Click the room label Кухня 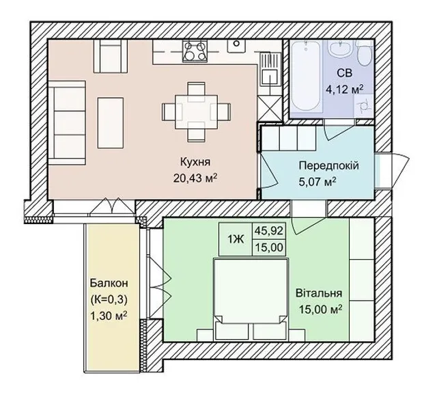pyautogui.click(x=195, y=162)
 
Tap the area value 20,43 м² pyautogui.click(x=195, y=178)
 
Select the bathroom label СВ pyautogui.click(x=344, y=73)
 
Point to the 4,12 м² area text pyautogui.click(x=345, y=90)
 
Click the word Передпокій pyautogui.click(x=328, y=165)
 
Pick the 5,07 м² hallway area pyautogui.click(x=317, y=182)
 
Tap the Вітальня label pyautogui.click(x=319, y=293)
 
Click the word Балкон pyautogui.click(x=109, y=283)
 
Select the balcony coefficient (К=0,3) pyautogui.click(x=109, y=299)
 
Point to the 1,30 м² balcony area pyautogui.click(x=109, y=316)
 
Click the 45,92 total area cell pyautogui.click(x=269, y=230)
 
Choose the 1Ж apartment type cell pyautogui.click(x=236, y=239)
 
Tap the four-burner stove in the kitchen pyautogui.click(x=195, y=51)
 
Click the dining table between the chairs pyautogui.click(x=196, y=111)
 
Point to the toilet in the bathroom pyautogui.click(x=365, y=55)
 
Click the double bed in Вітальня pyautogui.click(x=251, y=299)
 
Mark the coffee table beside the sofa pyautogui.click(x=111, y=123)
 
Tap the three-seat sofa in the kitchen pyautogui.click(x=67, y=123)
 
